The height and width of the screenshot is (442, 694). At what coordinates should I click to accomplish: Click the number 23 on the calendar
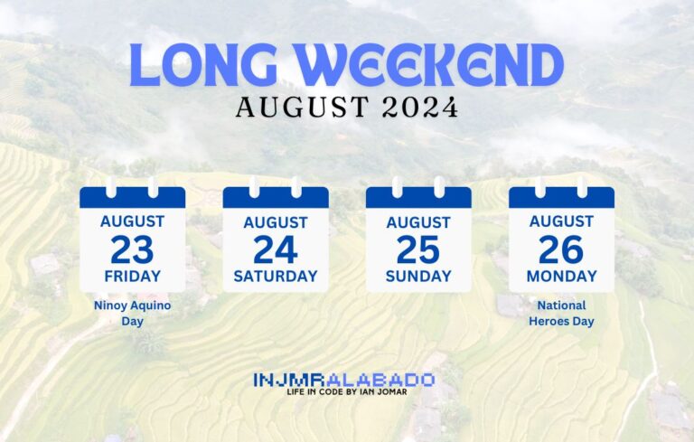point(132,249)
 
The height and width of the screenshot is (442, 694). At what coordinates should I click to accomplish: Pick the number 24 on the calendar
point(276,249)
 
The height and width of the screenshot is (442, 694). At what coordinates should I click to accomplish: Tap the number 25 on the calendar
point(418,249)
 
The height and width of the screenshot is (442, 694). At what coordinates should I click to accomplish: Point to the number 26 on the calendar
point(561,249)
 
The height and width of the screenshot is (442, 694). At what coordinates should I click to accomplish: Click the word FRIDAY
point(132,276)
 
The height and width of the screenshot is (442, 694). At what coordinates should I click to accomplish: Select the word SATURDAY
point(276,276)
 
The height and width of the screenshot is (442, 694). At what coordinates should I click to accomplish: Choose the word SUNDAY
point(418,276)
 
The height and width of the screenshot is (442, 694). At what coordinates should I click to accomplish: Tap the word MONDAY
point(561,276)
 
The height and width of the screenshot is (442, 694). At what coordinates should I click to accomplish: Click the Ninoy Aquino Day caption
point(132,313)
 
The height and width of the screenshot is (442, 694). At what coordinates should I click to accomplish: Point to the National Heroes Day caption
point(561,313)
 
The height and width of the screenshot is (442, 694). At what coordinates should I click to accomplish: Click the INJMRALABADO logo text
point(344,380)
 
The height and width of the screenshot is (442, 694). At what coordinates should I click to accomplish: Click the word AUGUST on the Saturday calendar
point(276,221)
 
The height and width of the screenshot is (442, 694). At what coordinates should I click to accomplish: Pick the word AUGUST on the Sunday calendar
point(418,221)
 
